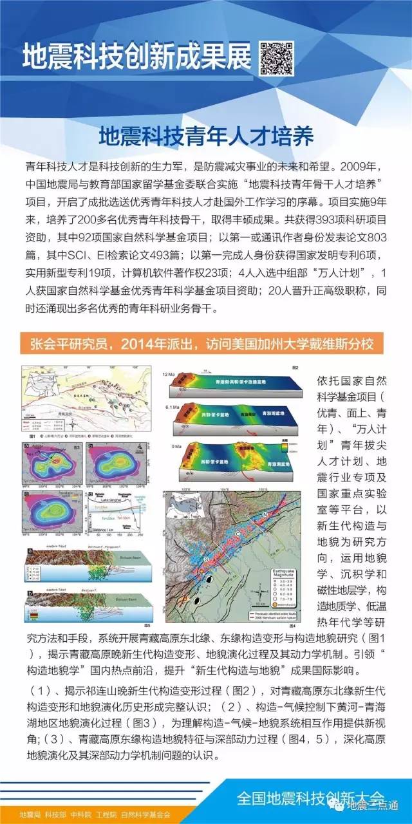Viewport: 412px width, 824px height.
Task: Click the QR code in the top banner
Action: [277, 57]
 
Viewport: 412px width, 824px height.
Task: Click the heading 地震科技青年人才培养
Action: [206, 136]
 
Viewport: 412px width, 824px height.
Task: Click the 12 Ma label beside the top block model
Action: [169, 373]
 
